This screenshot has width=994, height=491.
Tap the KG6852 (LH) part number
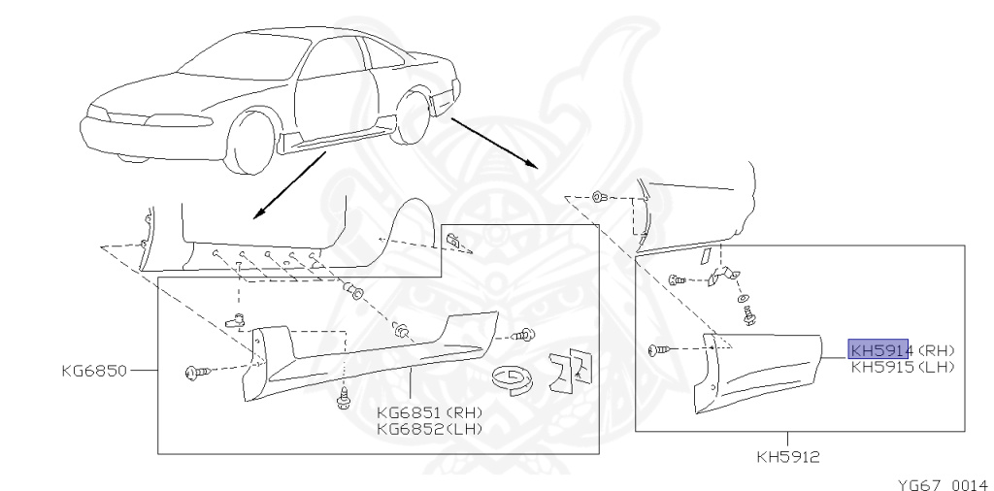coord(428,428)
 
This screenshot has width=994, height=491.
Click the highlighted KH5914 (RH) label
coord(878,350)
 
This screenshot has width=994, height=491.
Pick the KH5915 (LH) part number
coord(902,367)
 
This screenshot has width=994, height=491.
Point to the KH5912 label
coord(786,454)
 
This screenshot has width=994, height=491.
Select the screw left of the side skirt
coord(194,371)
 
